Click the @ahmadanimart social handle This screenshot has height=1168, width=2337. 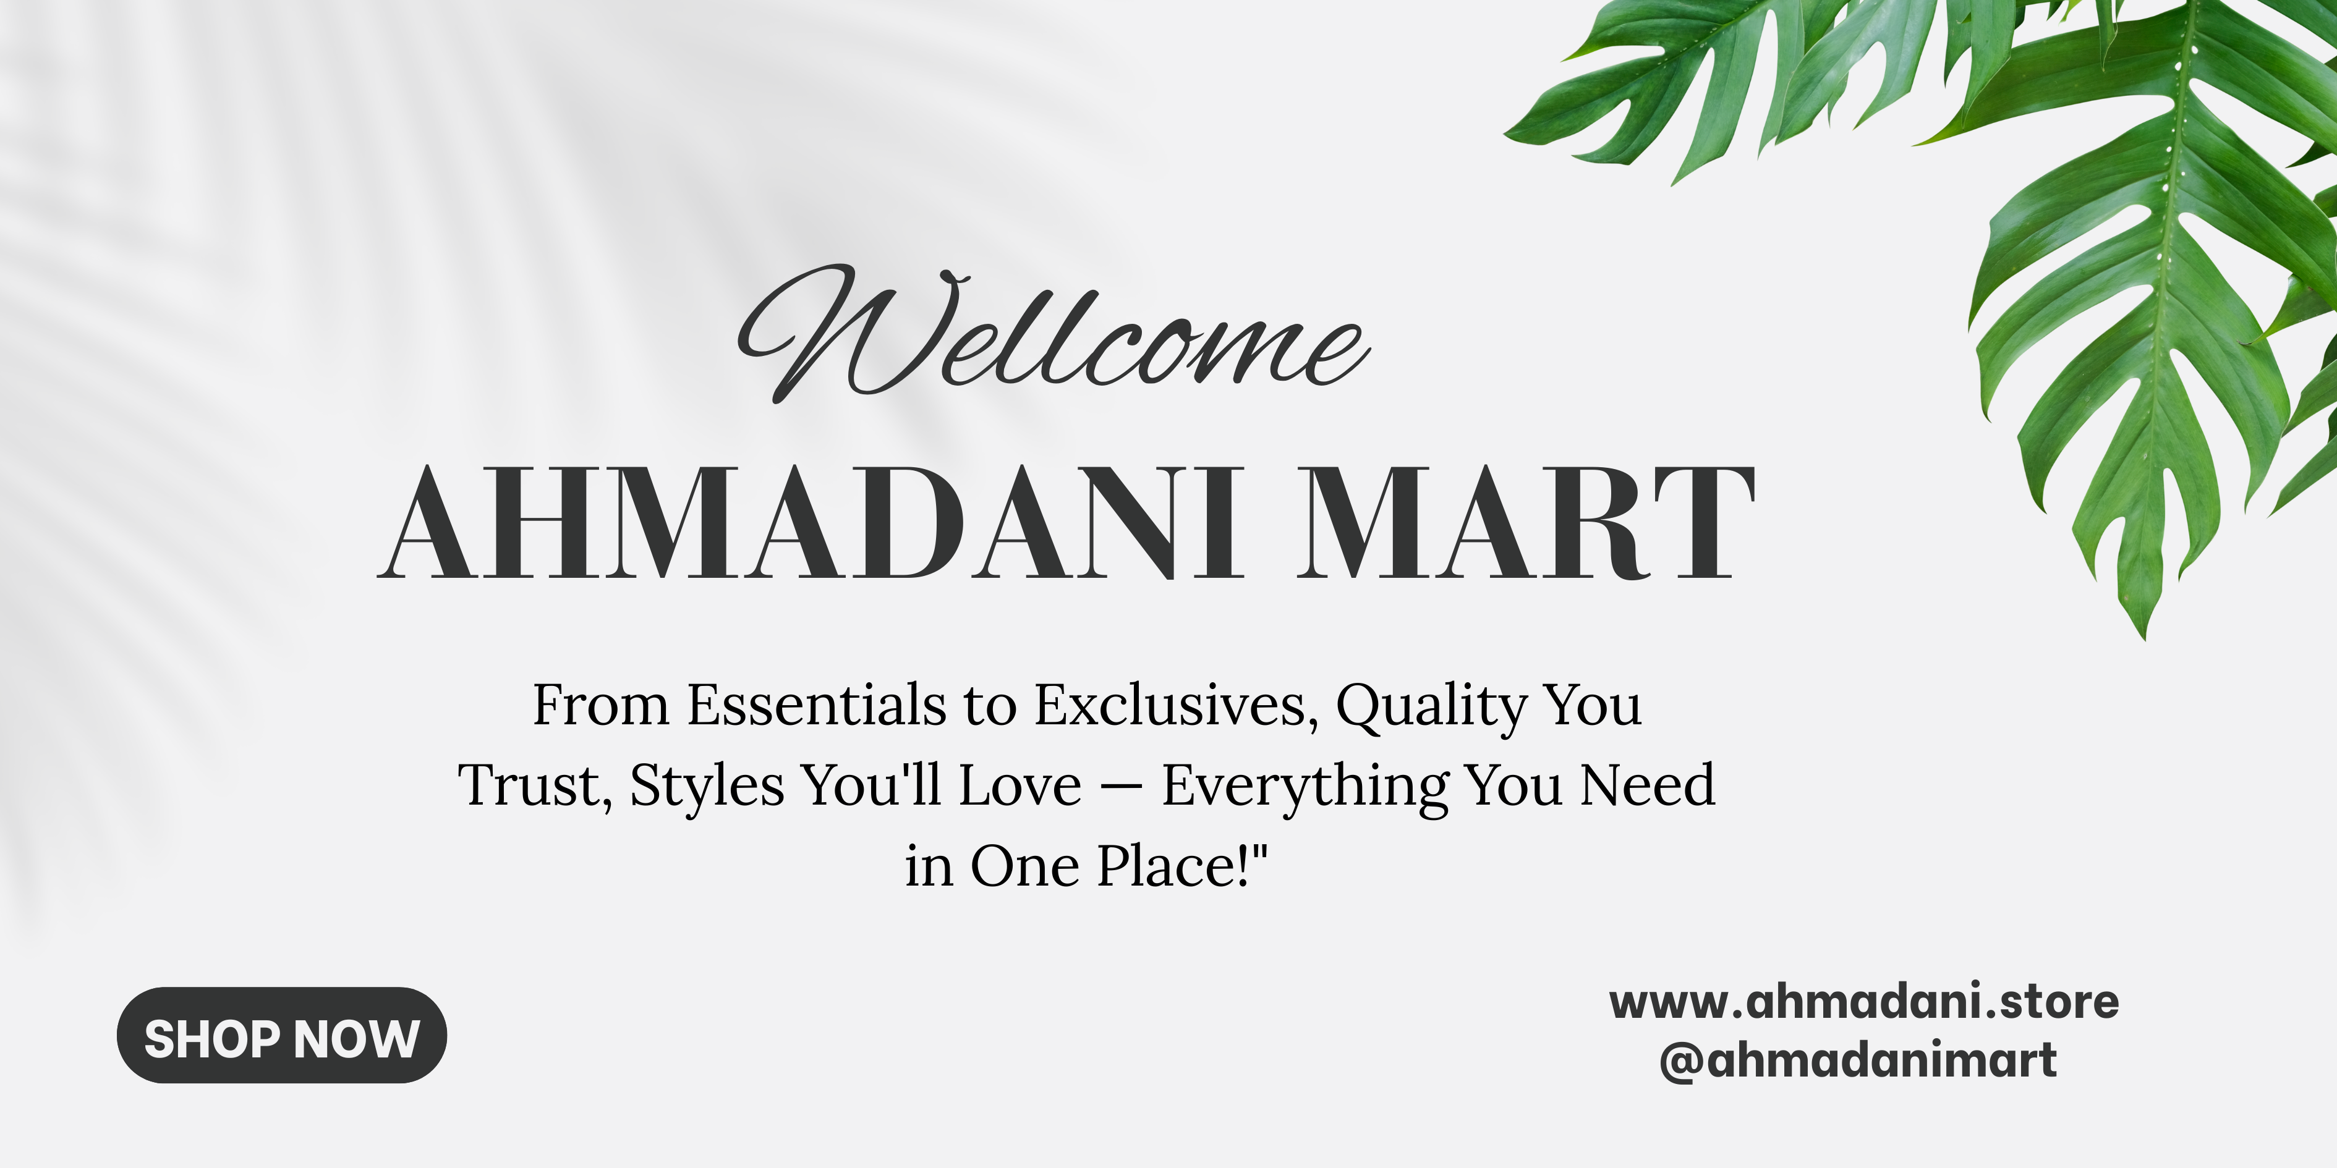click(x=1858, y=1060)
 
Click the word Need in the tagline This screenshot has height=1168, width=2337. click(x=1648, y=785)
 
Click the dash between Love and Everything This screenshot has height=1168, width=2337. click(x=1122, y=787)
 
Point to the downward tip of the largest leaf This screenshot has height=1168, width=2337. click(x=2145, y=638)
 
